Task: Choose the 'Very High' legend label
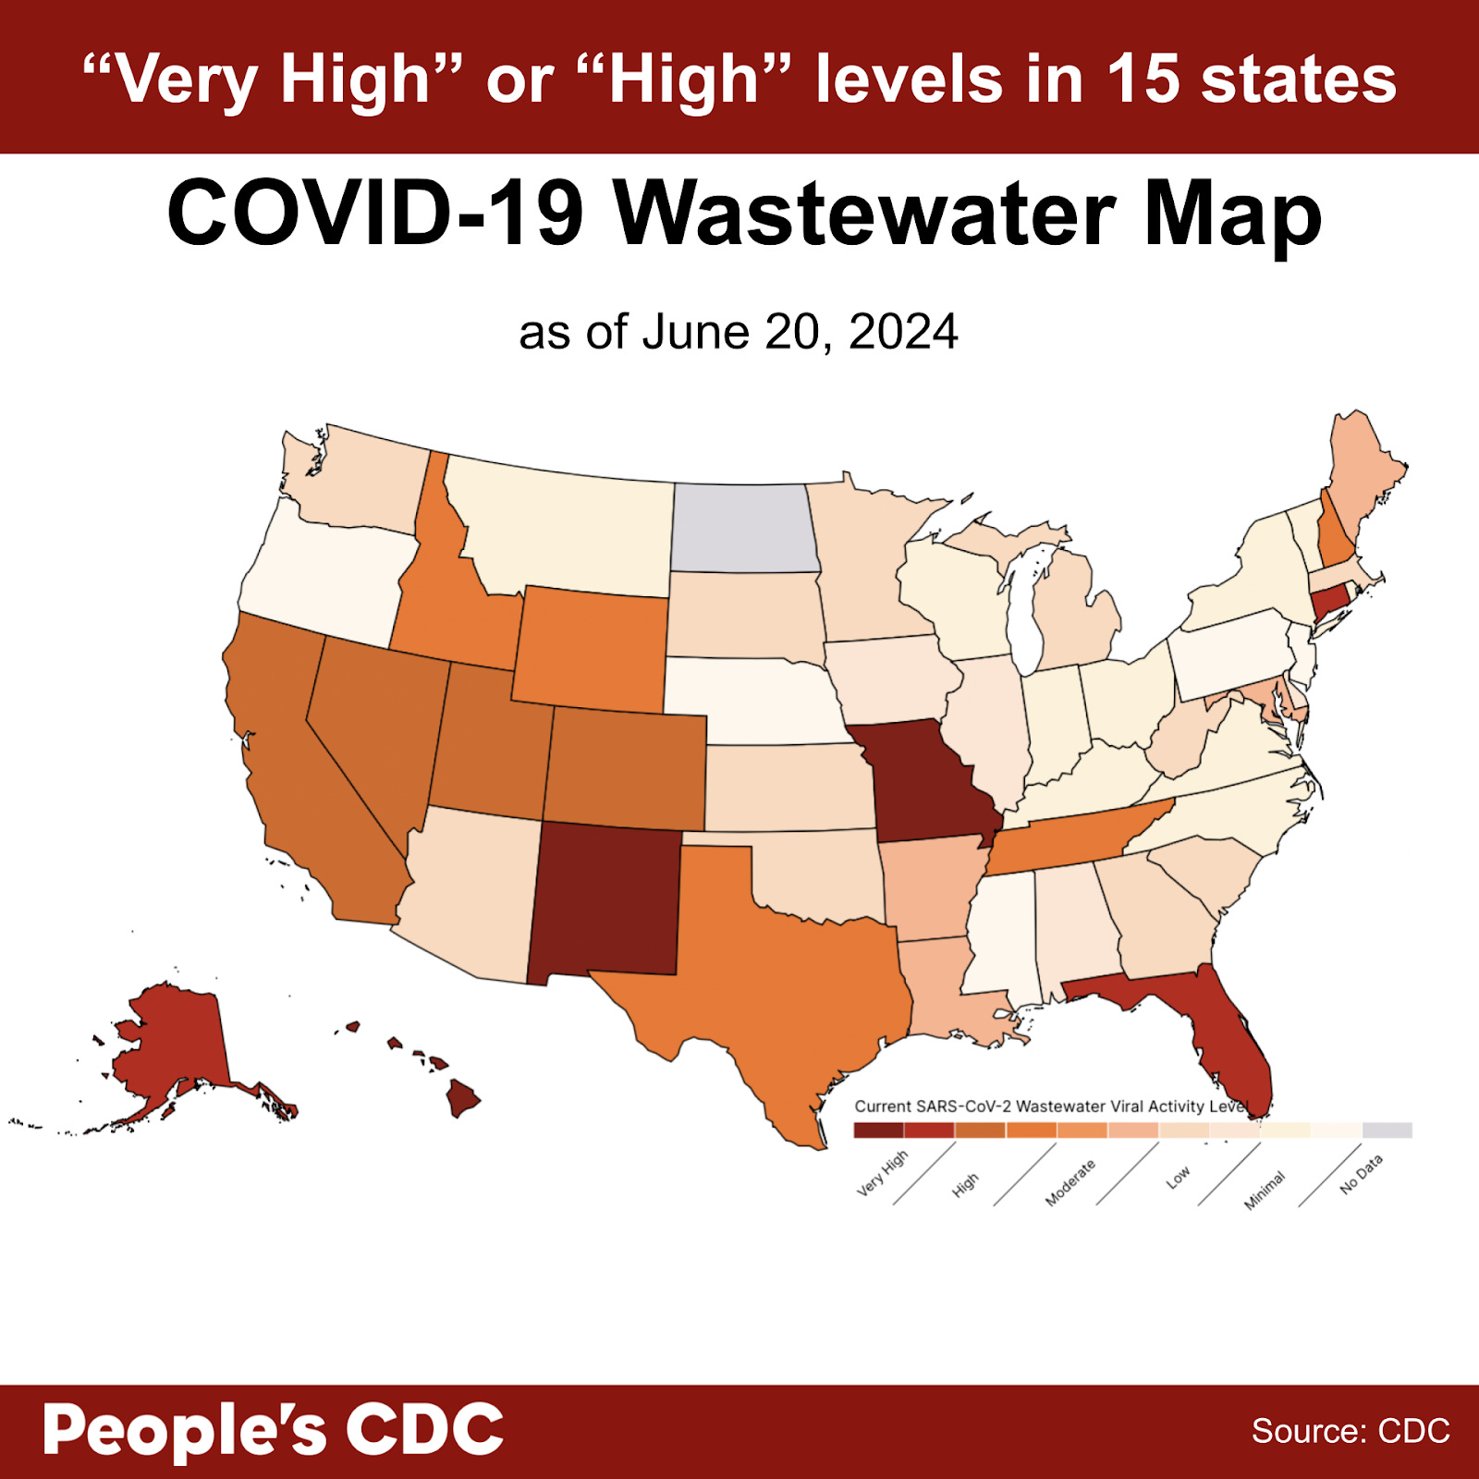pos(882,1174)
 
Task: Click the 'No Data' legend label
pos(1362,1175)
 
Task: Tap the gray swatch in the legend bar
pos(1387,1130)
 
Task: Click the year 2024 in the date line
pos(903,332)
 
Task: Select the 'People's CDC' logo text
pos(273,1431)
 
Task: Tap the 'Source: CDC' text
pos(1351,1431)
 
